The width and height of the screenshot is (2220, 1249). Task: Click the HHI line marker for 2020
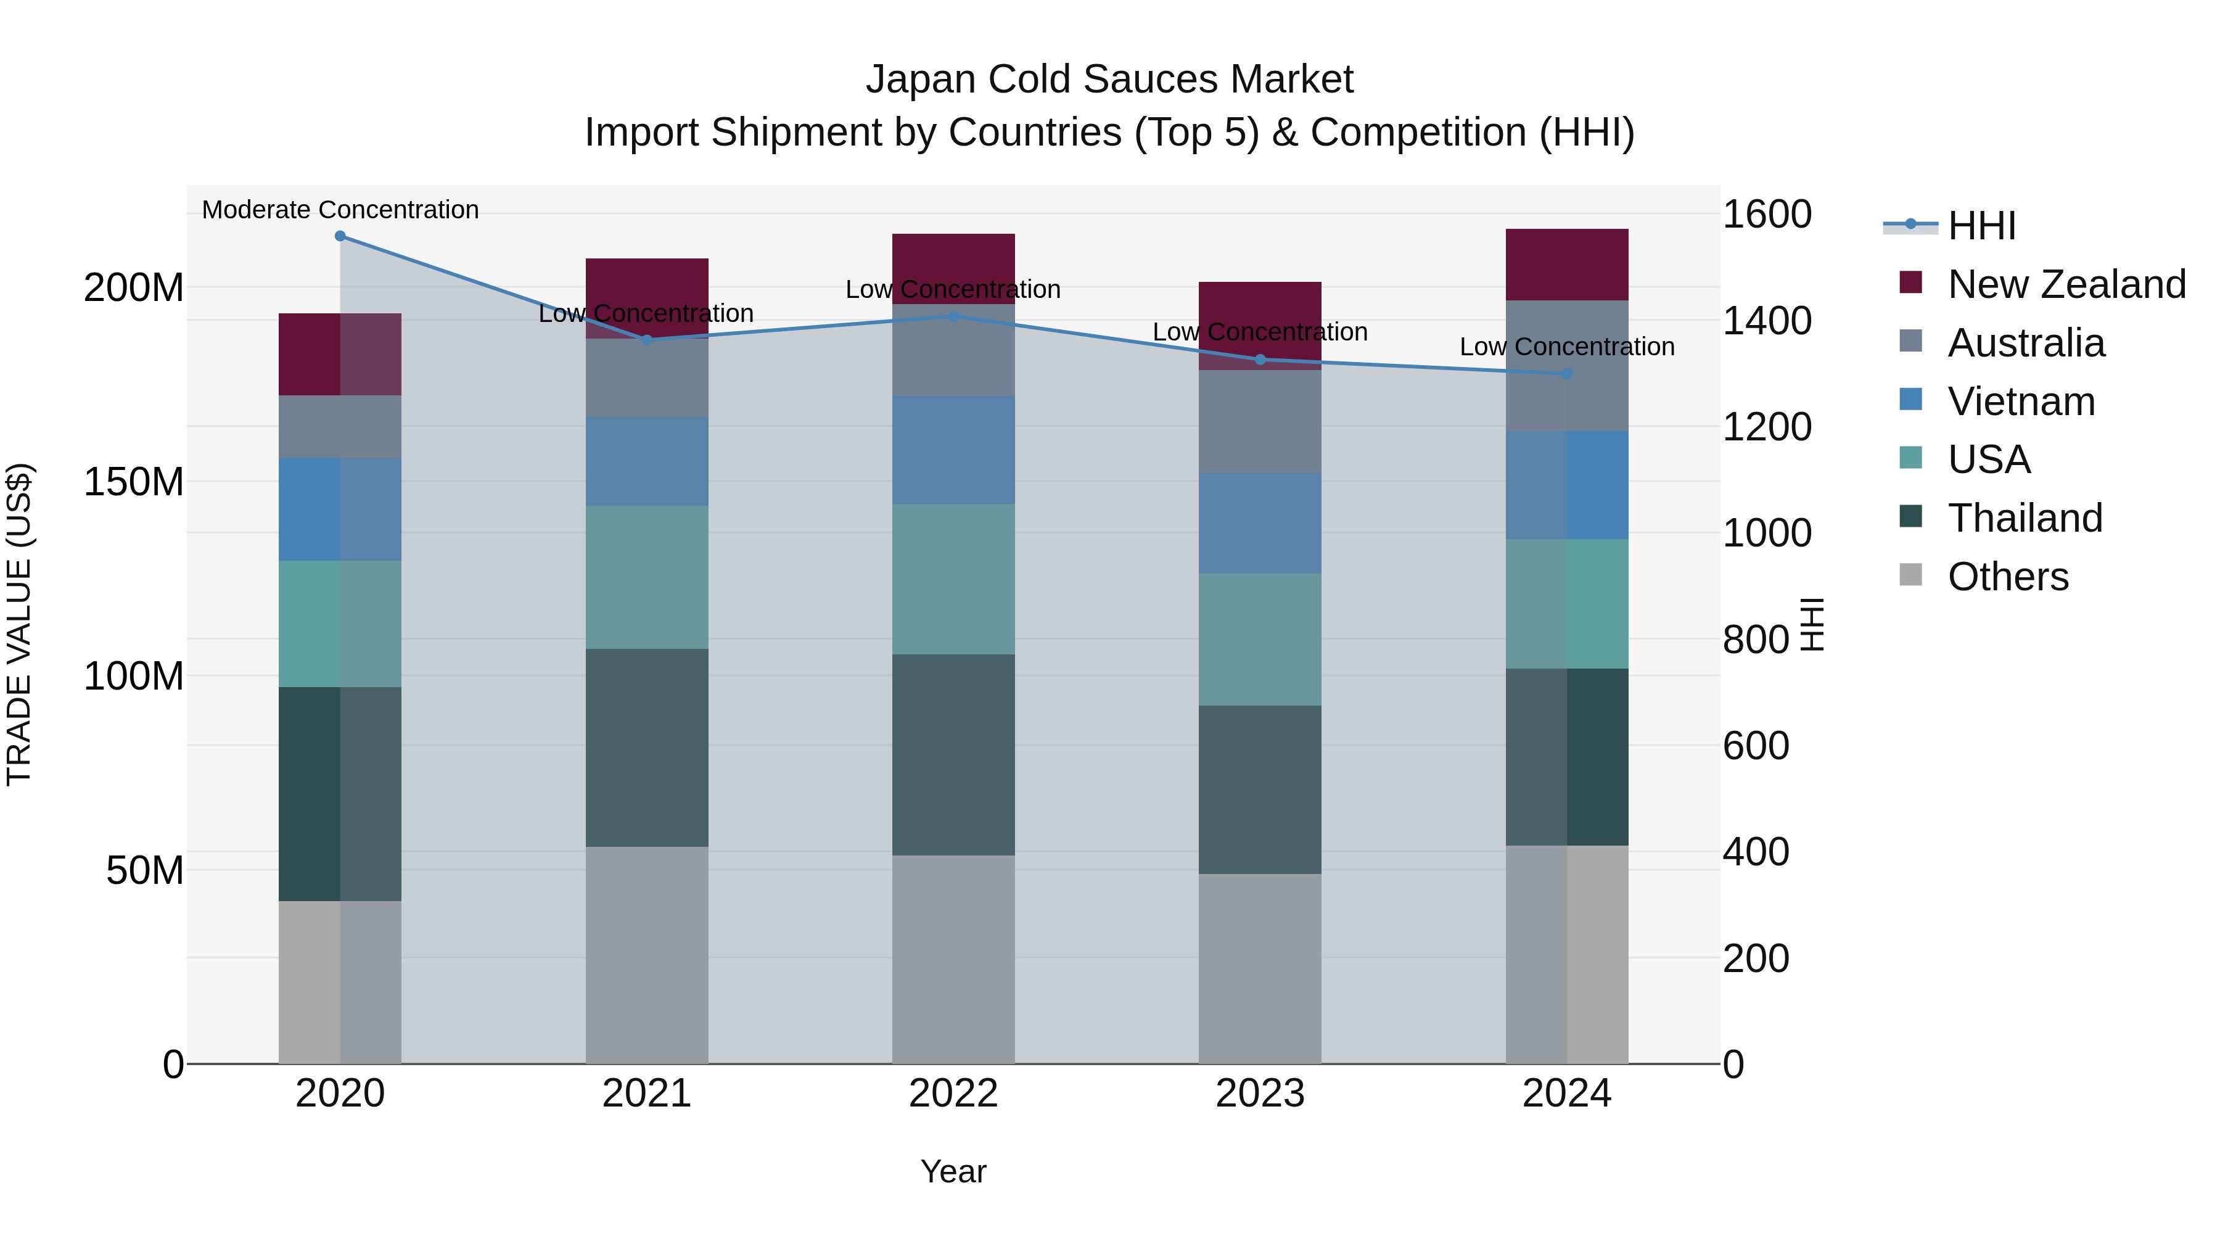pos(340,236)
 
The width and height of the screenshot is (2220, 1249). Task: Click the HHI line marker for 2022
pos(953,316)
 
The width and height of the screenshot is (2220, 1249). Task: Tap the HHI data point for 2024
pos(1567,374)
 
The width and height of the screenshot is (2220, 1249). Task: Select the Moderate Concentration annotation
pos(340,210)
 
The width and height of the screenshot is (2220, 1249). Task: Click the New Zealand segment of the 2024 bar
pos(1567,265)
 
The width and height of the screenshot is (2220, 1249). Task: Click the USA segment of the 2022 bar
pos(953,579)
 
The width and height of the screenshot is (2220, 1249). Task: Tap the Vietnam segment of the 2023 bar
pos(1259,522)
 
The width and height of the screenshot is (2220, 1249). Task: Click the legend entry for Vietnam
pos(2021,402)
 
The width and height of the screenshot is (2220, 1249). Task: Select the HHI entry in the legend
pos(1980,226)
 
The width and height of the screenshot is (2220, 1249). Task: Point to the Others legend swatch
pos(1910,575)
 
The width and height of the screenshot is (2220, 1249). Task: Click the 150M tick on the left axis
pos(134,482)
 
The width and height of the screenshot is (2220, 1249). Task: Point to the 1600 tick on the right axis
pos(1767,215)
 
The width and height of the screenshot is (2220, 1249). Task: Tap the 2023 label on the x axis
pos(1259,1094)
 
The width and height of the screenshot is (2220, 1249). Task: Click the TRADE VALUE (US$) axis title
pos(19,624)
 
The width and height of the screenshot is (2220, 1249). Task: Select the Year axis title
pos(953,1171)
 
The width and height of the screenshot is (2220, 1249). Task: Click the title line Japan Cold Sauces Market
pos(1109,80)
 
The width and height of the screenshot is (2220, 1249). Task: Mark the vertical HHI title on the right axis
pos(1812,624)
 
